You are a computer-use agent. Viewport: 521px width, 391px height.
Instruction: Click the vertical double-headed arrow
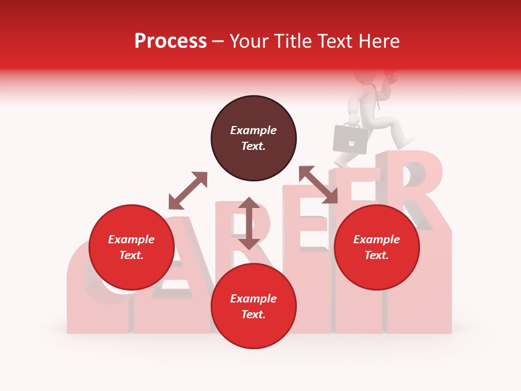pyautogui.click(x=249, y=223)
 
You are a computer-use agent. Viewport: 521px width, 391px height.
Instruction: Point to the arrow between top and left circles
pyautogui.click(x=188, y=191)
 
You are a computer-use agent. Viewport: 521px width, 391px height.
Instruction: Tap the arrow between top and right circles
pyautogui.click(x=318, y=185)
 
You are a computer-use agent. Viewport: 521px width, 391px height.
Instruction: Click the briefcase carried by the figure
pyautogui.click(x=350, y=138)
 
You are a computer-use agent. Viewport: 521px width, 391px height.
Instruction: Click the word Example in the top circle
pyautogui.click(x=253, y=130)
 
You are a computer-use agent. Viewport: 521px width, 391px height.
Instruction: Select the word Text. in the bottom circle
pyautogui.click(x=253, y=314)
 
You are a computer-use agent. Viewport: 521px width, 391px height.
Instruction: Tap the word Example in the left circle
pyautogui.click(x=131, y=239)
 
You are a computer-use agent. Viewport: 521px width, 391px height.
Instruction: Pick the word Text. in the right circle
pyautogui.click(x=377, y=255)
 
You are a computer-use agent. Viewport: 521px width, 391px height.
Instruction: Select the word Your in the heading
pyautogui.click(x=249, y=42)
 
